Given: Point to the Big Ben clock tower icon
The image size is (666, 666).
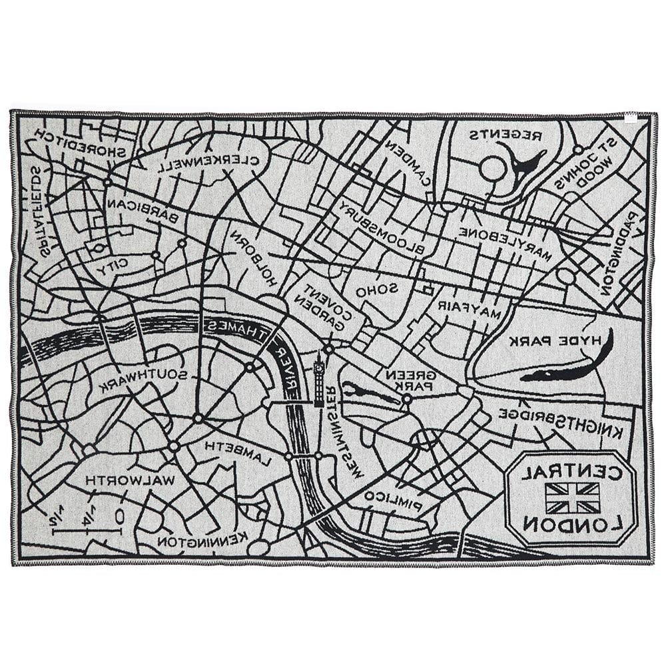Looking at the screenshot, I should pos(319,380).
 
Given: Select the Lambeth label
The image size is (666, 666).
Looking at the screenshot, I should pos(239,453).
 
